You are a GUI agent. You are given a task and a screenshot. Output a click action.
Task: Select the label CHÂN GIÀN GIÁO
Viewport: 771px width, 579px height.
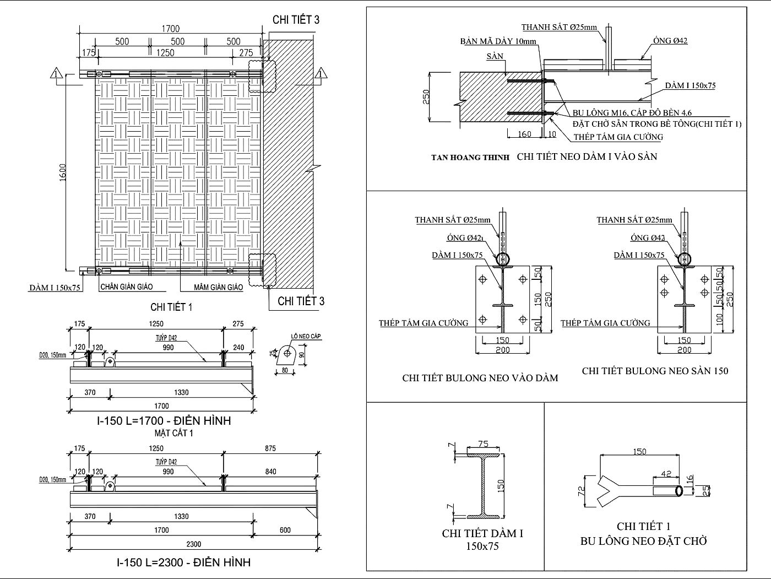coord(126,286)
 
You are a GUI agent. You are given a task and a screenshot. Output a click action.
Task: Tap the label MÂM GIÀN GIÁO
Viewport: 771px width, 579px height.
coord(218,287)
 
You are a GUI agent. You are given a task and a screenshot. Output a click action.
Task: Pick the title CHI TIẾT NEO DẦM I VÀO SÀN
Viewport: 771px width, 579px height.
coord(587,156)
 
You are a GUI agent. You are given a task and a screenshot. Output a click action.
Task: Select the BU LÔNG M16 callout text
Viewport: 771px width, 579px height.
coord(632,113)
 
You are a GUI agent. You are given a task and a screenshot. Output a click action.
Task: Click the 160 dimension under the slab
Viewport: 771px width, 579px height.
coord(525,134)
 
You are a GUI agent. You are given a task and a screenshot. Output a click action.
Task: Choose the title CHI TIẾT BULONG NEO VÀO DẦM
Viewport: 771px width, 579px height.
coord(480,378)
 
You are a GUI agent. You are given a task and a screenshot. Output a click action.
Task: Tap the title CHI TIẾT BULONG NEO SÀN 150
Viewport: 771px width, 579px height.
coord(655,371)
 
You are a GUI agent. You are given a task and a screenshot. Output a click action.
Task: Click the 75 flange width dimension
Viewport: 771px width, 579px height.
coord(483,444)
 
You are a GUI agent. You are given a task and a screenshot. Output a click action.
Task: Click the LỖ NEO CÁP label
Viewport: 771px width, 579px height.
coord(306,336)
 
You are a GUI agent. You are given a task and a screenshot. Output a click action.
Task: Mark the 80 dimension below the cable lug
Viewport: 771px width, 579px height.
coord(285,370)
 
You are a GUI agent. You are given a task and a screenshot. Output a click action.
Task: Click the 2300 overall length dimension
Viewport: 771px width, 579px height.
coord(193,544)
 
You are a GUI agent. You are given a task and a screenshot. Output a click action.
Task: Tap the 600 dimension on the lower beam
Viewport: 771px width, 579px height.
coord(285,530)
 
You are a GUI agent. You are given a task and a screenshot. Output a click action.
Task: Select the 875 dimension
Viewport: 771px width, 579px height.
coord(270,448)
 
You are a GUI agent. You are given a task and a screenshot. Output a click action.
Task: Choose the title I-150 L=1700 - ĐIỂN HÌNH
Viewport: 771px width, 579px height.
coord(164,421)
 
